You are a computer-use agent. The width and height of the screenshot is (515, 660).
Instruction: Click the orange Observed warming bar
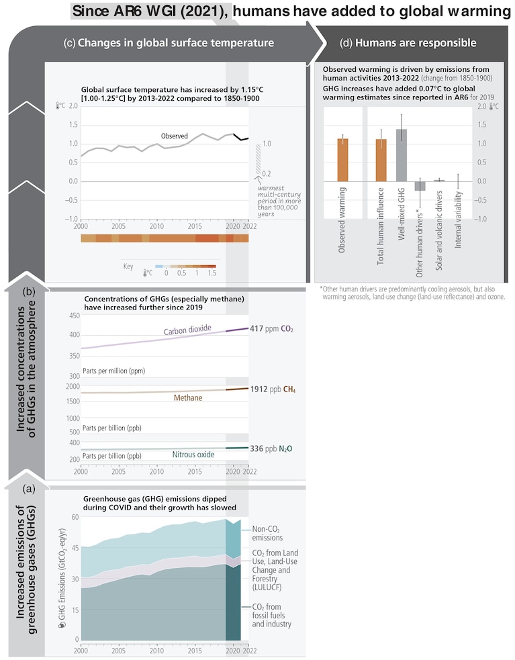[342, 160]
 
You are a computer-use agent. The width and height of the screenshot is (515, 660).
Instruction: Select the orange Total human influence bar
[381, 160]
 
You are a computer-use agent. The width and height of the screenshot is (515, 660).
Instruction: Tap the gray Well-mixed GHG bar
[402, 155]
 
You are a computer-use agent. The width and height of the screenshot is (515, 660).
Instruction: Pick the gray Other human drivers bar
[420, 186]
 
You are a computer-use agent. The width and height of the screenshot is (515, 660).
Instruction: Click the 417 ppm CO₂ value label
[271, 329]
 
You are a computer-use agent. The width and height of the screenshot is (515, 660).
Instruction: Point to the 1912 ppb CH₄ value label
[273, 389]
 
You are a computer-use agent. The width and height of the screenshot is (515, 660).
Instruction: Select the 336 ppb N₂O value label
[271, 449]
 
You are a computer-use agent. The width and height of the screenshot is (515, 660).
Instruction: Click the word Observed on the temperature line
[175, 136]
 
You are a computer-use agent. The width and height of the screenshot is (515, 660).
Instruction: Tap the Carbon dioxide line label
[187, 330]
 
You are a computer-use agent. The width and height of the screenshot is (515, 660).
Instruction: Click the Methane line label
[188, 397]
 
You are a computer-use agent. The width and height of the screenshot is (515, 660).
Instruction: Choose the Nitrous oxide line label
[193, 455]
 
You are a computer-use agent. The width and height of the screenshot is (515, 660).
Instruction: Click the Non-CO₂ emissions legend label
[267, 533]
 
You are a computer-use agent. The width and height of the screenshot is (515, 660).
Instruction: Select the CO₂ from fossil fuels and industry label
[271, 616]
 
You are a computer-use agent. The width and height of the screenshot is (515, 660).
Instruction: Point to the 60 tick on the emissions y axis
[75, 517]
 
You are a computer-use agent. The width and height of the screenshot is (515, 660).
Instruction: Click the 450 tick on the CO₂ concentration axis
[74, 316]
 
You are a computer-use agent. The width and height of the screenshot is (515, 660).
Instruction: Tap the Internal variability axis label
[458, 220]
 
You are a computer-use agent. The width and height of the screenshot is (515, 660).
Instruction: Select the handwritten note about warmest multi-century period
[279, 201]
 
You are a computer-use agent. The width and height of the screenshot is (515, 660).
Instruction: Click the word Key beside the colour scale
[128, 266]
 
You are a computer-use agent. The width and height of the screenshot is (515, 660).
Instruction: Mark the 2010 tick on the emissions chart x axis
[156, 651]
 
